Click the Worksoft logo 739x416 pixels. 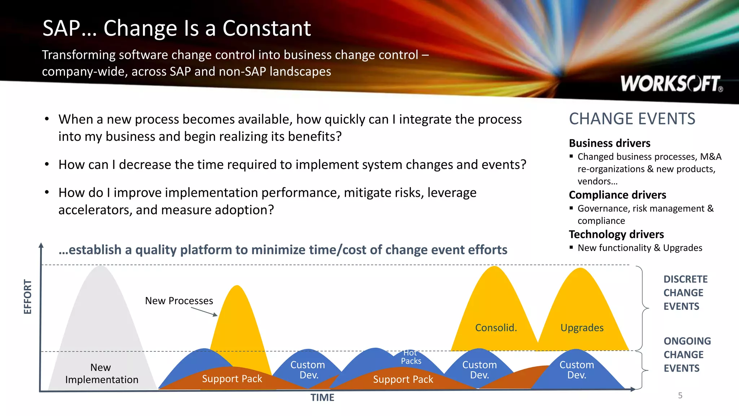[671, 84]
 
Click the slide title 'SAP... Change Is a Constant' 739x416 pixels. [176, 28]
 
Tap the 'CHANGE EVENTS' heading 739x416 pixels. [632, 119]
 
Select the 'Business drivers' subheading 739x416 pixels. [609, 143]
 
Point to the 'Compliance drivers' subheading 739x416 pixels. [617, 195]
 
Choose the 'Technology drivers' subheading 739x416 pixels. [616, 234]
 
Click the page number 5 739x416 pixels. [680, 395]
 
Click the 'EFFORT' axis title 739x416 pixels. [28, 296]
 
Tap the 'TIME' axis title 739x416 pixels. [322, 397]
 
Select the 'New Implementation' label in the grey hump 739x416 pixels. [101, 373]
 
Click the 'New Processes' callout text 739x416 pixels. [179, 300]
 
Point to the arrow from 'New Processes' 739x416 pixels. [204, 312]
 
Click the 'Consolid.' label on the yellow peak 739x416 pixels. [496, 328]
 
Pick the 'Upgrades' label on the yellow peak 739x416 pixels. [582, 328]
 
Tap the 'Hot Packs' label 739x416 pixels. [411, 357]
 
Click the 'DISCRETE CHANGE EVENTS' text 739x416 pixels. [685, 292]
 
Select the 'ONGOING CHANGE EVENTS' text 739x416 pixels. [687, 354]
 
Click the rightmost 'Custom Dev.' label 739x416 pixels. [577, 370]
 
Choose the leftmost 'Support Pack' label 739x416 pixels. [232, 378]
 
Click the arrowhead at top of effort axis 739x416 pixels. [41, 245]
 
